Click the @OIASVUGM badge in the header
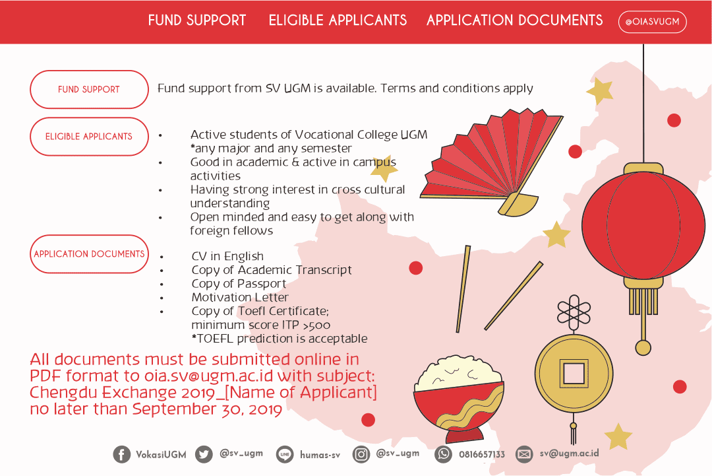click(652, 22)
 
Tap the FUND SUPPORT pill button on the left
click(89, 89)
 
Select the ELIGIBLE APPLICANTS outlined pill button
click(89, 137)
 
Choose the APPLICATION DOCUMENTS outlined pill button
click(89, 254)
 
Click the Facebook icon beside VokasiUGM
click(122, 454)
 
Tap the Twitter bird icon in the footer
click(204, 454)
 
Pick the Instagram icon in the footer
click(361, 454)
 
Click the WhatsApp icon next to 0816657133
click(444, 454)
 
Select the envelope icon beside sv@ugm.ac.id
click(524, 454)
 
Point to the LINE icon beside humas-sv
click(285, 454)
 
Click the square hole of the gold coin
click(573, 374)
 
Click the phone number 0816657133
click(482, 454)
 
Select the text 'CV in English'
click(227, 256)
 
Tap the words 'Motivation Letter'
click(240, 298)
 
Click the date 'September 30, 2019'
click(207, 409)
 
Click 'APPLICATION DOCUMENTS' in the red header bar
click(514, 20)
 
